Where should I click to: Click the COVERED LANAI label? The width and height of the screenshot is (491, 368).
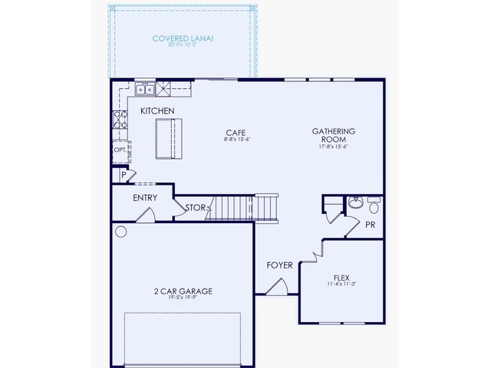tap(182, 38)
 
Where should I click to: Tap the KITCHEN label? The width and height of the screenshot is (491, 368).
tap(157, 111)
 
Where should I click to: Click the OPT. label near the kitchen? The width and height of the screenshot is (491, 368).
tap(120, 150)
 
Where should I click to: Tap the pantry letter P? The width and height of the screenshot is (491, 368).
tap(123, 176)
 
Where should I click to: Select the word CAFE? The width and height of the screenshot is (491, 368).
tap(235, 131)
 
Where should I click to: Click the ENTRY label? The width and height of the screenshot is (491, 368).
tap(145, 198)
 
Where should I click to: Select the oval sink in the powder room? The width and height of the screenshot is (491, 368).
tap(355, 203)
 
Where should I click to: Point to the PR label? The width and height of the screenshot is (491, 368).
tap(370, 225)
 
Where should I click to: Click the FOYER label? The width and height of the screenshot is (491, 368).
tap(279, 265)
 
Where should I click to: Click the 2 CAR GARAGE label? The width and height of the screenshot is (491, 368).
tap(183, 291)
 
